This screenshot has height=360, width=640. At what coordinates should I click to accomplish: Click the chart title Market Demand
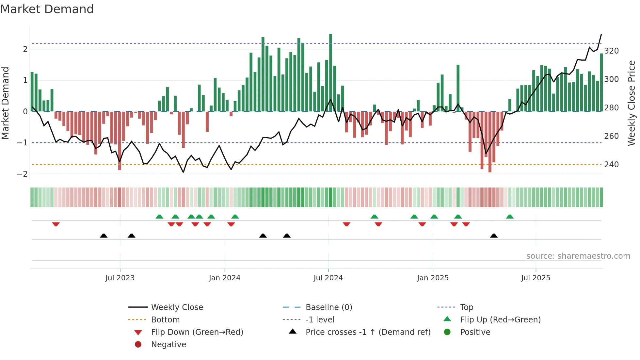coord(47,9)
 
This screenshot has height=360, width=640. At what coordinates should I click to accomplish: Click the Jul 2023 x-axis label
coord(120,278)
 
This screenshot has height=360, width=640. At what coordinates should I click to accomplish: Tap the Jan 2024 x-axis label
coord(225,278)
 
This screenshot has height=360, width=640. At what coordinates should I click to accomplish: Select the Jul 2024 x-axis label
coord(328,278)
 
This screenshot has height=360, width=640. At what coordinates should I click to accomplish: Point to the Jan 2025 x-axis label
coord(433,278)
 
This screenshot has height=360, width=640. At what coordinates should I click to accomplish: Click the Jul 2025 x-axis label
coord(536,278)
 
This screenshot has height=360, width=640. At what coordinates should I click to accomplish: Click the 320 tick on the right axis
coord(611,51)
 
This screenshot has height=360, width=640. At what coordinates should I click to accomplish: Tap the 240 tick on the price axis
coord(611,165)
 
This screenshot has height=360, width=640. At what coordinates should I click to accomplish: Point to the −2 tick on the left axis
coord(22,174)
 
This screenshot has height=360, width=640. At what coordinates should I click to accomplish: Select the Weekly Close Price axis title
coord(632,103)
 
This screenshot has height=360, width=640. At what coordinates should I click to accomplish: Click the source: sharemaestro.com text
coord(578,256)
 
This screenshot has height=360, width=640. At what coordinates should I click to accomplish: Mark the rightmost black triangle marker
coord(494,236)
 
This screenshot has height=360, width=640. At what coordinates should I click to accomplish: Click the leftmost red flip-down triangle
coord(56,224)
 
